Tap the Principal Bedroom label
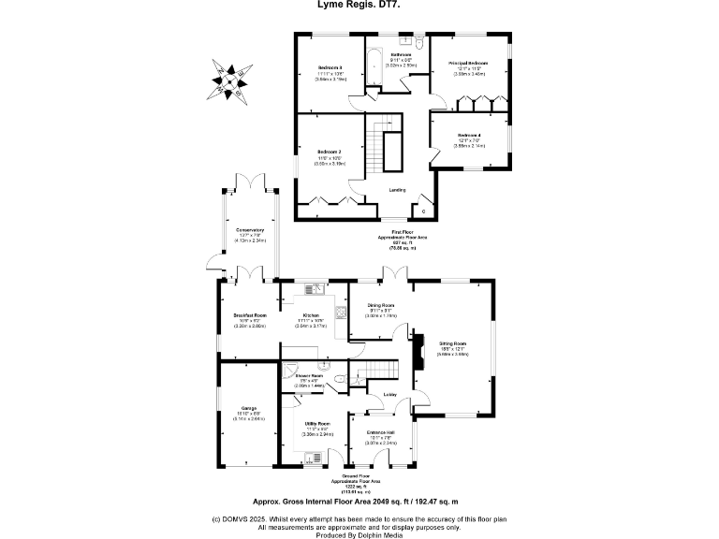point(468,63)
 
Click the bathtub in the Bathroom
point(374,61)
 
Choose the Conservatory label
point(249,230)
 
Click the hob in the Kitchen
point(344,313)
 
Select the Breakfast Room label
point(249,315)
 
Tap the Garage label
point(249,408)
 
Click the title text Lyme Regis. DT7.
point(359,5)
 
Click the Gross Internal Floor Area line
point(359,502)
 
